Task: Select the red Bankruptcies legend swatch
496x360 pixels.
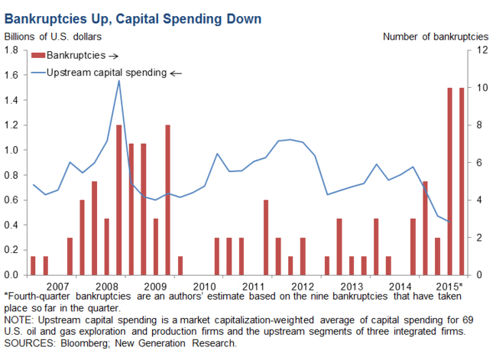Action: click(x=38, y=55)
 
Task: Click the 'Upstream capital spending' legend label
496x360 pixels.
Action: click(x=106, y=73)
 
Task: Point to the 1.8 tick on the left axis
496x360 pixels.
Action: click(x=12, y=50)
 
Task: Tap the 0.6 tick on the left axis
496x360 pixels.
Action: click(x=12, y=200)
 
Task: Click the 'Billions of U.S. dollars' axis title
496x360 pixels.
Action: click(x=53, y=35)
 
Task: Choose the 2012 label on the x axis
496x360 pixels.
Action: click(x=303, y=287)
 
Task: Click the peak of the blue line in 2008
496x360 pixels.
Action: click(x=118, y=80)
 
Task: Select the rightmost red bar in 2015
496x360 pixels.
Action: click(x=462, y=181)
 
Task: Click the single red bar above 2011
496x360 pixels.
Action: click(x=266, y=237)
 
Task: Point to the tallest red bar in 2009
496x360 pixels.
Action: click(x=167, y=199)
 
